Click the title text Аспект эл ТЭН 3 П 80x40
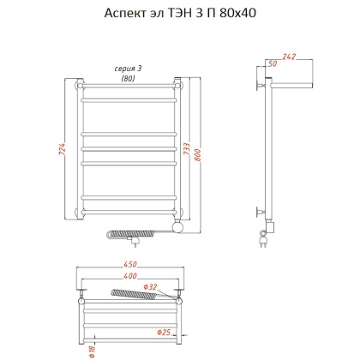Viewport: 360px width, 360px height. [x=180, y=13]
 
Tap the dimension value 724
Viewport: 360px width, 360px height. [x=62, y=149]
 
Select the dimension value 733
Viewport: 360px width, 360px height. [x=186, y=149]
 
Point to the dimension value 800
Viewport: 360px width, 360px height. [x=198, y=155]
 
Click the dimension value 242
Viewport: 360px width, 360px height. [x=289, y=57]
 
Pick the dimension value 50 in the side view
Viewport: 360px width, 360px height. [x=273, y=63]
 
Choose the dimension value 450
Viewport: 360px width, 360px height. [x=130, y=264]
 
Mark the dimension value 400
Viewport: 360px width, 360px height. [x=130, y=276]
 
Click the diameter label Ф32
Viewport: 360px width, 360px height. [x=150, y=287]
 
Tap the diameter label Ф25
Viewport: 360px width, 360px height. [x=164, y=332]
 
